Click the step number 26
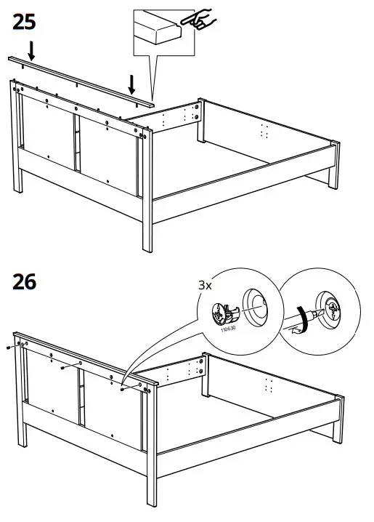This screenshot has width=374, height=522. click(25, 281)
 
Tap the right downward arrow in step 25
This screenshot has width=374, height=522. click(131, 83)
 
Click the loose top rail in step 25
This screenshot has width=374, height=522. click(80, 79)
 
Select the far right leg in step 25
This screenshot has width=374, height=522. click(335, 156)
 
